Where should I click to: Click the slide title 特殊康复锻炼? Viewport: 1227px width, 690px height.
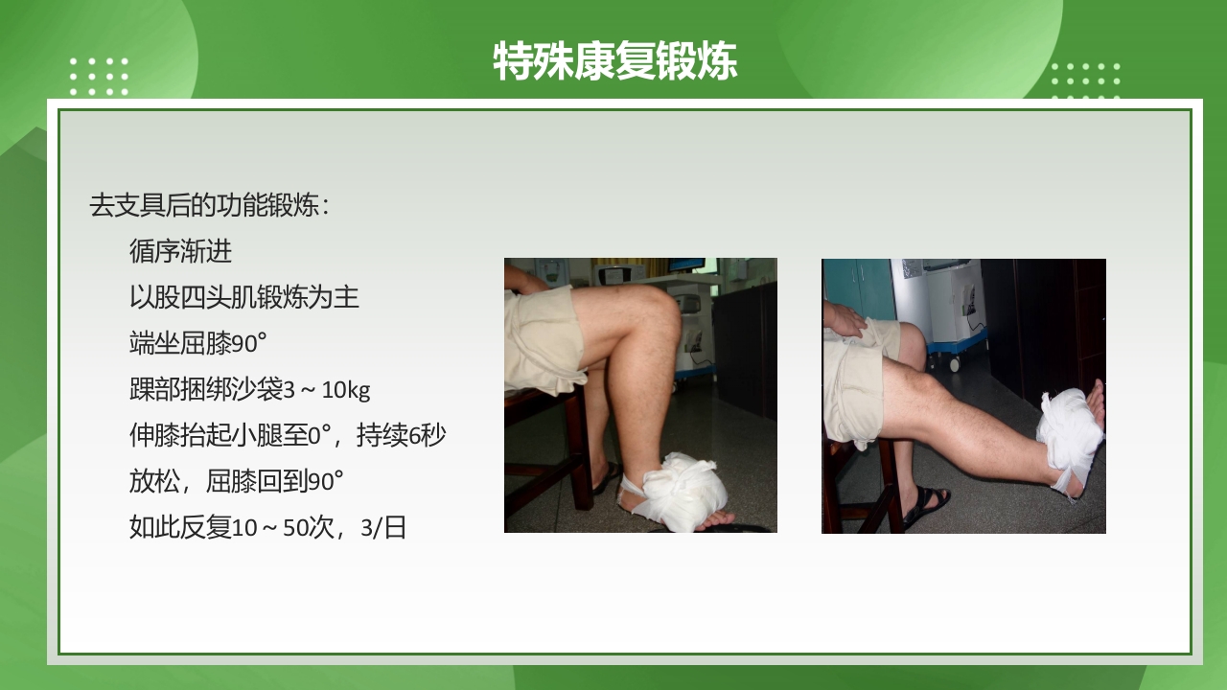pyautogui.click(x=614, y=62)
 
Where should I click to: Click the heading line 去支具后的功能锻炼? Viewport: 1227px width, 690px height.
pyautogui.click(x=209, y=205)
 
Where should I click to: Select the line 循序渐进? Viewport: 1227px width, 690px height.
pyautogui.click(x=180, y=251)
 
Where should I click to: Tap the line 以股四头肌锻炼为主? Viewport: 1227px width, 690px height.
pyautogui.click(x=243, y=297)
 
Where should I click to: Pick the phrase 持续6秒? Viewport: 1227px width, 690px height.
pyautogui.click(x=401, y=436)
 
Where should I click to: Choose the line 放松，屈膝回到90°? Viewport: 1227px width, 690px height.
pyautogui.click(x=236, y=481)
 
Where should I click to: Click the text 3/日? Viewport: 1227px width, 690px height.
pyautogui.click(x=383, y=528)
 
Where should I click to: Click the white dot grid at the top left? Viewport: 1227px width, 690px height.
pyautogui.click(x=99, y=77)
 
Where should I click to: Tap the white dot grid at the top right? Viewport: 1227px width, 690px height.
pyautogui.click(x=1085, y=80)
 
